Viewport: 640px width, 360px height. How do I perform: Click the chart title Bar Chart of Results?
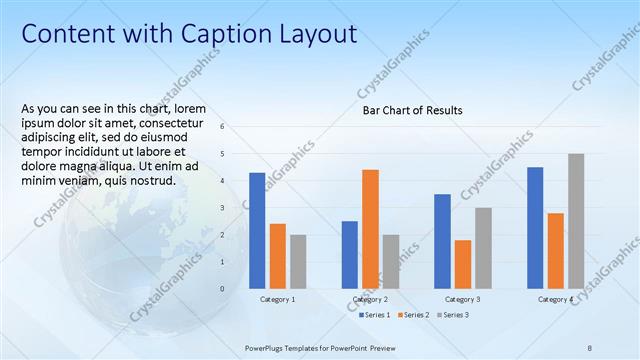(x=412, y=110)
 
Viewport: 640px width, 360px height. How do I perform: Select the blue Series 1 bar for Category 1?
(x=257, y=230)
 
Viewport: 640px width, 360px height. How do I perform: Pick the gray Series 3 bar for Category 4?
(x=576, y=221)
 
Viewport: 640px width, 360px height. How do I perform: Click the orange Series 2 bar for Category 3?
(x=463, y=264)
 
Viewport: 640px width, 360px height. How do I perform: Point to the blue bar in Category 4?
(x=535, y=227)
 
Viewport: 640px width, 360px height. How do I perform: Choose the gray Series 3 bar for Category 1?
(x=298, y=261)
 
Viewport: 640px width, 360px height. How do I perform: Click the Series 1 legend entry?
(x=375, y=315)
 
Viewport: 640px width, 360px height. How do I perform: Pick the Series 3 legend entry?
(x=451, y=315)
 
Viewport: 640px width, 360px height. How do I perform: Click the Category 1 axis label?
(x=277, y=299)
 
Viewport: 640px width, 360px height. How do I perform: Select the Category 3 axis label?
(x=462, y=299)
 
